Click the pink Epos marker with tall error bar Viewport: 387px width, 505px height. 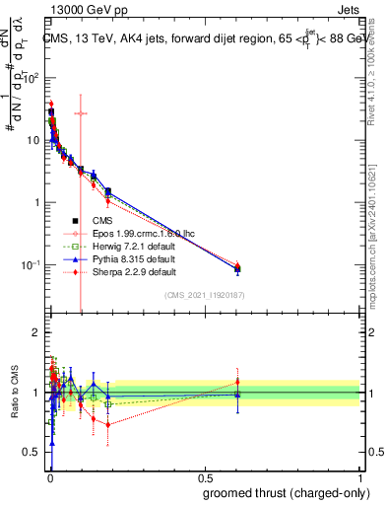81,112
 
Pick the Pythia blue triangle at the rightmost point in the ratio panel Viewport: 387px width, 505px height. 236,395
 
